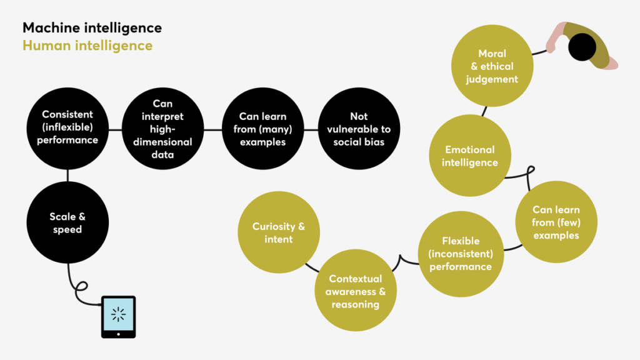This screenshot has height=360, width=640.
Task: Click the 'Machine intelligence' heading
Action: coord(92,28)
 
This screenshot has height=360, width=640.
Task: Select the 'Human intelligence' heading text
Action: coord(87,46)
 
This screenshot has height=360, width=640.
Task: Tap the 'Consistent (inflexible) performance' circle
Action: coord(67,127)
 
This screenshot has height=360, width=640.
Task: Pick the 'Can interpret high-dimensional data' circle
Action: coord(162,129)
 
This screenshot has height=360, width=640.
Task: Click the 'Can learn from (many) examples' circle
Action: coord(262,129)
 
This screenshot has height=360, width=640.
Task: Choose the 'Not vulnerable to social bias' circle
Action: coord(359,129)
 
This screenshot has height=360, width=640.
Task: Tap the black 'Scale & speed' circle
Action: coord(67,223)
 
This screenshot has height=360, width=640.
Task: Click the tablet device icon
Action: coord(118,317)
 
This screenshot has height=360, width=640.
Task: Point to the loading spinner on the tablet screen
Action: coord(118,314)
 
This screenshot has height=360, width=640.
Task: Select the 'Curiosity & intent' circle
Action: coord(279,232)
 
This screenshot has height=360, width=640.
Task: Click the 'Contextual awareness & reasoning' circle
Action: coord(355,291)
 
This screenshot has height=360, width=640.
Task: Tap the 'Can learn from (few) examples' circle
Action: coord(556,222)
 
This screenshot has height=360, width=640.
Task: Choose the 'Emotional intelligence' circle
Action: coord(470,156)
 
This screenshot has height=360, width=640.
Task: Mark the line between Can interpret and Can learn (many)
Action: coord(212,129)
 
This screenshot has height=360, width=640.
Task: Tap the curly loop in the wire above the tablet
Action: coord(81,288)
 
